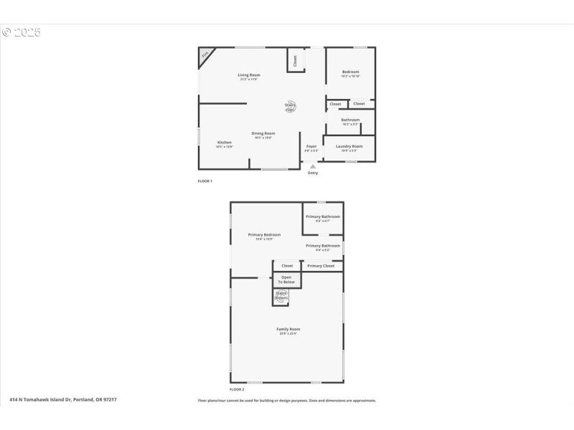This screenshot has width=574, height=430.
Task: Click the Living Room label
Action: coord(249,75)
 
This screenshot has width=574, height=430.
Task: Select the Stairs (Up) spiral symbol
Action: coord(291,107)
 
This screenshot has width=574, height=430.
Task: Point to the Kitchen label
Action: coord(225,143)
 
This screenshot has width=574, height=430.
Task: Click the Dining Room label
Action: coord(263,133)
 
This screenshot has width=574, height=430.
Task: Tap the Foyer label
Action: coord(311,147)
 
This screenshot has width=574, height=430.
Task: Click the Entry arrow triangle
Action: coord(312,167)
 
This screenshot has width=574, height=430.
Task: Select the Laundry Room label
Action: coord(349,146)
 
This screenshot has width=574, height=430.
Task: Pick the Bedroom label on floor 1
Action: coord(350,72)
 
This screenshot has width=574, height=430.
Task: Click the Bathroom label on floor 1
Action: coord(350,120)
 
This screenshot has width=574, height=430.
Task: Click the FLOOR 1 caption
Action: coord(205,181)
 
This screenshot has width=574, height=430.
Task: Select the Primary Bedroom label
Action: coord(264,235)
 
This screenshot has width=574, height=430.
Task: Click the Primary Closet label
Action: coord(321,266)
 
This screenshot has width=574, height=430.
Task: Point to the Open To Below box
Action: coord(287,279)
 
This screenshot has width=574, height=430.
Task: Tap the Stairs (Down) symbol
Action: coord(281,296)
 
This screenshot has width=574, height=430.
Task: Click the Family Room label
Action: coord(288,330)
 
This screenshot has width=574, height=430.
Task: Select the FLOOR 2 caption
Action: coord(237,389)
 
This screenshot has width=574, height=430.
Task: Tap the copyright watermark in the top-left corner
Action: coord(22,32)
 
